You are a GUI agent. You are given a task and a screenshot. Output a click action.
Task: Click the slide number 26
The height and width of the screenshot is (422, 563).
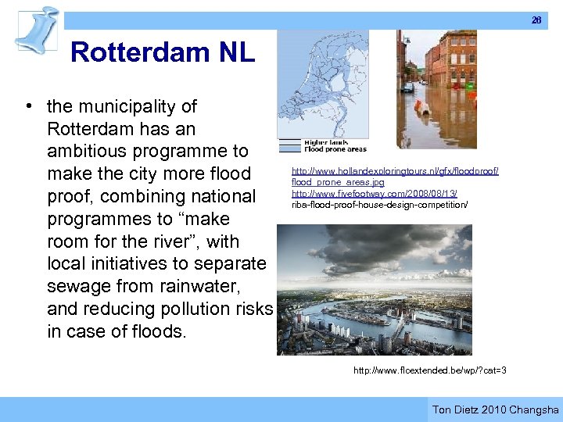point(536,20)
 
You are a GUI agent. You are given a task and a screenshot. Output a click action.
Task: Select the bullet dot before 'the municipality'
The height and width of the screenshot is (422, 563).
point(27,106)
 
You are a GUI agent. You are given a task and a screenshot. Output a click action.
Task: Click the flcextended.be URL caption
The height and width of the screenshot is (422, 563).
point(429,370)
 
